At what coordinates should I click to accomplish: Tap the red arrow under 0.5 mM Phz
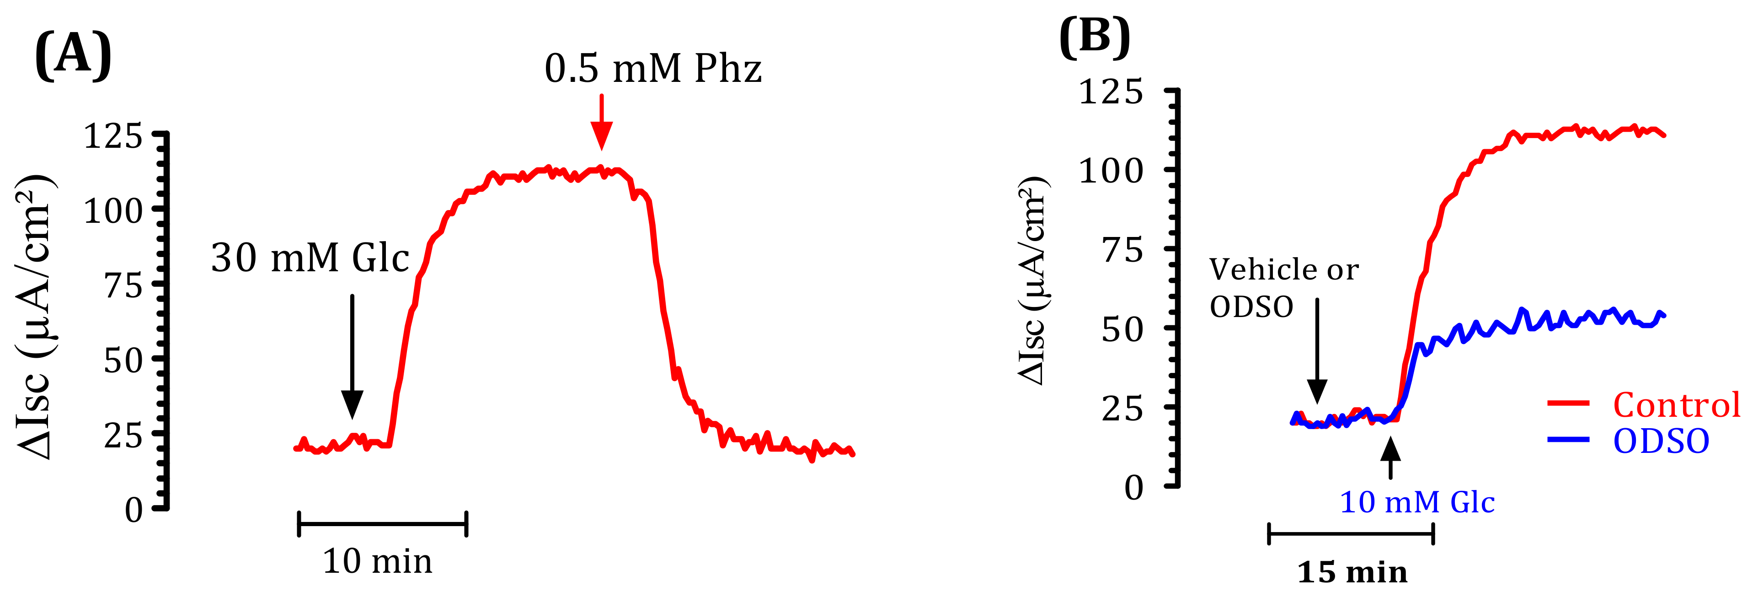(x=601, y=123)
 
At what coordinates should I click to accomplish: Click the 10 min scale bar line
(x=382, y=523)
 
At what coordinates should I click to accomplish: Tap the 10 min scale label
(x=378, y=562)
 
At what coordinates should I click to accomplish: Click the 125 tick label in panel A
(x=113, y=136)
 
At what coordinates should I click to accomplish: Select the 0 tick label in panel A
(x=134, y=509)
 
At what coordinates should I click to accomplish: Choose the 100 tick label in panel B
(x=1111, y=170)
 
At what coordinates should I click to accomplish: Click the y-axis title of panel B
(x=1033, y=280)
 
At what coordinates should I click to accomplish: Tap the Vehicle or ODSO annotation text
(x=1283, y=288)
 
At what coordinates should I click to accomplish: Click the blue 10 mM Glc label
(x=1417, y=502)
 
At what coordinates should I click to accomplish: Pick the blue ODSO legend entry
(x=1661, y=441)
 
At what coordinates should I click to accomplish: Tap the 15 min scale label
(x=1352, y=572)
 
